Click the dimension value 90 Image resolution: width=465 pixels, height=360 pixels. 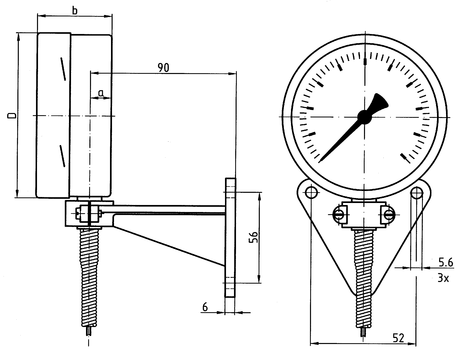[x=163, y=68]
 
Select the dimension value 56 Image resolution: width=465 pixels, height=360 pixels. [x=253, y=237]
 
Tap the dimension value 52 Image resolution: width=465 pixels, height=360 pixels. [x=398, y=338]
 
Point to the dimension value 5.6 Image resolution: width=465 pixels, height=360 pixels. [x=446, y=262]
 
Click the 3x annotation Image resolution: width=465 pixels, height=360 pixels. [x=443, y=277]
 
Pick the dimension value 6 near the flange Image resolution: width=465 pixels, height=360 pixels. [x=205, y=306]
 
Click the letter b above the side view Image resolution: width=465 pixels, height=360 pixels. [x=75, y=10]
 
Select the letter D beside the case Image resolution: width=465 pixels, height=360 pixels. [x=12, y=116]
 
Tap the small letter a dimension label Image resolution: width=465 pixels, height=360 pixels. [x=102, y=92]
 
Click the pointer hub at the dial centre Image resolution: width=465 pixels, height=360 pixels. [x=364, y=117]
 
